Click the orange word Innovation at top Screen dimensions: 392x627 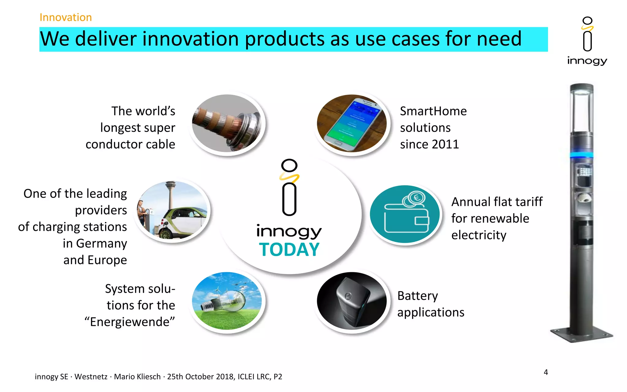66,17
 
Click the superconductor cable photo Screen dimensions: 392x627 227,123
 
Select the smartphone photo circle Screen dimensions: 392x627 352,123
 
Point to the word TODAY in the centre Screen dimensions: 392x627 289,250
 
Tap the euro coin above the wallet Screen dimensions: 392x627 416,198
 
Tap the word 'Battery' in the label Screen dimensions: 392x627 417,296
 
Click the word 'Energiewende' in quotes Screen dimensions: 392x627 130,322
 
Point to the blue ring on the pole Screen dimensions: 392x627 581,155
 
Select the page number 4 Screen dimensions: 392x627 546,372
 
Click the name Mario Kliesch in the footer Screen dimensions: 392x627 137,376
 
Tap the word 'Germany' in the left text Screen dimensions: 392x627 101,243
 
